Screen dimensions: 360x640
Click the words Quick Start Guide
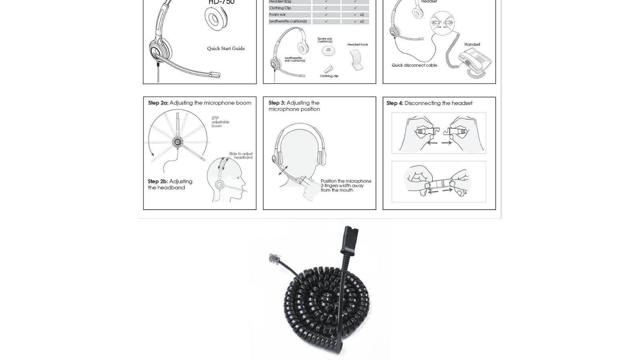click(x=226, y=48)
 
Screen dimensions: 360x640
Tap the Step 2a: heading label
click(x=158, y=103)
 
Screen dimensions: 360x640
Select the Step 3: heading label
click(x=277, y=103)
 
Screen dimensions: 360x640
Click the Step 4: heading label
click(x=395, y=103)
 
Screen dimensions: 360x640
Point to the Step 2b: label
click(x=158, y=182)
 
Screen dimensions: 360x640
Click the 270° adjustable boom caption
click(x=220, y=122)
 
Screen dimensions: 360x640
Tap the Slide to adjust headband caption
click(x=241, y=156)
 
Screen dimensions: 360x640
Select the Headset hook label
click(x=358, y=44)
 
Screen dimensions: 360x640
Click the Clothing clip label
click(x=329, y=76)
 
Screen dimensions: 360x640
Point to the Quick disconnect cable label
click(x=414, y=65)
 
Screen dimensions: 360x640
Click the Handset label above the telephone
click(x=472, y=44)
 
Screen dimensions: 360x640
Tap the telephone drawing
click(x=475, y=62)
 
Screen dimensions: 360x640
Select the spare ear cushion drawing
click(x=328, y=50)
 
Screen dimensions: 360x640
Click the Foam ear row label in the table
click(x=278, y=15)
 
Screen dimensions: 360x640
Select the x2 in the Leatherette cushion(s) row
click(x=362, y=22)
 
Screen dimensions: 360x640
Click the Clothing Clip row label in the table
click(x=280, y=8)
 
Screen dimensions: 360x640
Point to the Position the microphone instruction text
click(x=346, y=186)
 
